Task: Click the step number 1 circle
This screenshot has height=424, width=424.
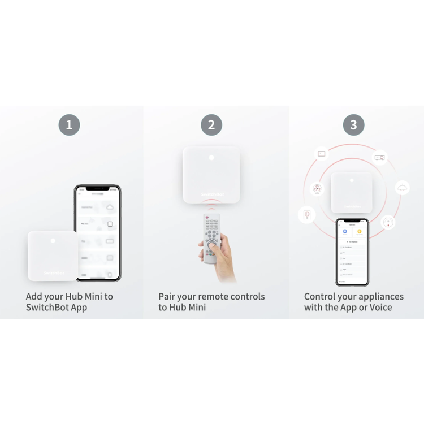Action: tap(69, 125)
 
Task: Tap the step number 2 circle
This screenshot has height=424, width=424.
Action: tap(211, 125)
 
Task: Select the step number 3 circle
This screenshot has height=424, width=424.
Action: tap(353, 125)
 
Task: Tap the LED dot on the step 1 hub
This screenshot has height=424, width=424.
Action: tap(53, 241)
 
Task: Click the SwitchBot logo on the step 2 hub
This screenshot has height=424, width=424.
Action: tap(211, 194)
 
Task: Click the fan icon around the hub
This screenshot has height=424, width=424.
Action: tap(318, 189)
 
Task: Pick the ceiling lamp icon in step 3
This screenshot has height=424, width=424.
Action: tap(402, 188)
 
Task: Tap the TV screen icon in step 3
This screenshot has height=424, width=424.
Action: tap(322, 154)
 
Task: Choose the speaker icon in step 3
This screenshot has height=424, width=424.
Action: tap(307, 215)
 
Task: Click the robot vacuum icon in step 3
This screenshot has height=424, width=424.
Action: tap(387, 222)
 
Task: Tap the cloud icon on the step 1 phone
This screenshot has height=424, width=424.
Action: tap(109, 207)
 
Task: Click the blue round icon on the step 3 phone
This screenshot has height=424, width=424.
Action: tap(345, 231)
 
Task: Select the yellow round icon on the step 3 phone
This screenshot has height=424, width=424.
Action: tap(359, 231)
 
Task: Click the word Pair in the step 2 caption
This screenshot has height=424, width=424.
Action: tap(167, 297)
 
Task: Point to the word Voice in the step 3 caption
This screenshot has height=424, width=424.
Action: tap(380, 308)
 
